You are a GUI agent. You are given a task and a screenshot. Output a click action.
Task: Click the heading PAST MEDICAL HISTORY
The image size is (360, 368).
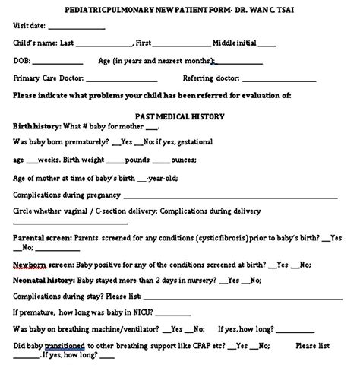click(179, 116)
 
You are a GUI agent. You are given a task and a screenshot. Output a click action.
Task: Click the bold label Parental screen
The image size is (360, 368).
click(43, 238)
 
